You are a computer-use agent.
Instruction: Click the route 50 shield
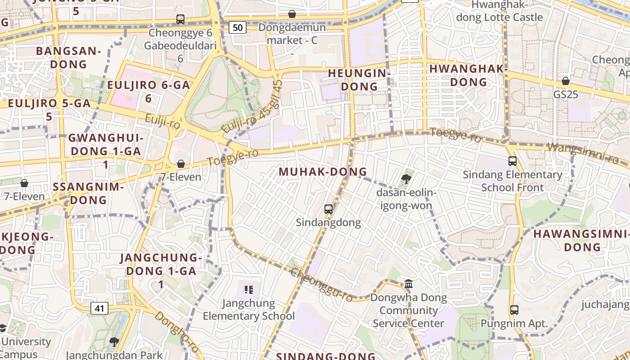coord(238,27)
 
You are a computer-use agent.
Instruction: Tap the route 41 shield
coord(99,308)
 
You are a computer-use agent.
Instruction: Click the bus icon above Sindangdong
coord(328,209)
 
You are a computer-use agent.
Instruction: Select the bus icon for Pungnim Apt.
coord(514,310)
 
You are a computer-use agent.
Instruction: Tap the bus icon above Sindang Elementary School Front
coord(512,161)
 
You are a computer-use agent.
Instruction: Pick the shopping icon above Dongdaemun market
coord(292,14)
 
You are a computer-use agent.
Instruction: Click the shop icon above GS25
coord(566,81)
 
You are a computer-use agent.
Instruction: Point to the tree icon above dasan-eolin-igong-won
coord(406,179)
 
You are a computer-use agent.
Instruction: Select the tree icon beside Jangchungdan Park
coord(114,342)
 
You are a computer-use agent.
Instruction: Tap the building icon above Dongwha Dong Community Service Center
coord(409,283)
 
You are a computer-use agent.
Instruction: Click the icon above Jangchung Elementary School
coord(248,289)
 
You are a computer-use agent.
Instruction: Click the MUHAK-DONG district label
coord(323,171)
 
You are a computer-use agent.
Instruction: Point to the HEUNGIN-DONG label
coord(359,79)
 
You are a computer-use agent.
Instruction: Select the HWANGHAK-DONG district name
coord(468,75)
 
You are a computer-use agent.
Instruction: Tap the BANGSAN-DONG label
coord(68,57)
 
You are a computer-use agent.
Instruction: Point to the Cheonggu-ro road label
coord(321,285)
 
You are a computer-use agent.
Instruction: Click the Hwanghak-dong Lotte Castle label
coord(499,11)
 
